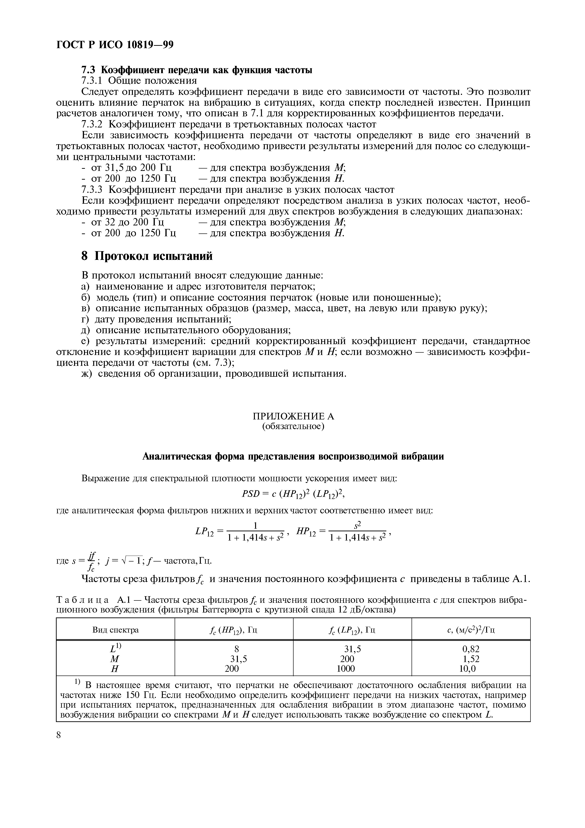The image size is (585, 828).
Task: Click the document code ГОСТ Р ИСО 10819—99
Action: pos(115,45)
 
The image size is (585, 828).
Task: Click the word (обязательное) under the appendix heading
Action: pos(293,427)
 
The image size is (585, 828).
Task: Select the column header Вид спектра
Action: pos(115,630)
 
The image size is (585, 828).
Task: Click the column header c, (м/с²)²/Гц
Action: pos(471,630)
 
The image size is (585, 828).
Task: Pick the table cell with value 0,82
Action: pos(471,649)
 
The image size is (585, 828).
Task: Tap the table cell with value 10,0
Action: pos(469,669)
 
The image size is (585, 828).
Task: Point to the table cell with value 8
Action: pos(237,649)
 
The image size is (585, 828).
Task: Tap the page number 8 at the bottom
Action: pos(59,735)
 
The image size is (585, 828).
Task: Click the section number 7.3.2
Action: pos(92,124)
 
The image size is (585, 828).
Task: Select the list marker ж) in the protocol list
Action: pos(86,374)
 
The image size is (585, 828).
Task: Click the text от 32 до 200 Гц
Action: pos(128,222)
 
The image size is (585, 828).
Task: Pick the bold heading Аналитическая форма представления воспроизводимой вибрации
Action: pos(293,456)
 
